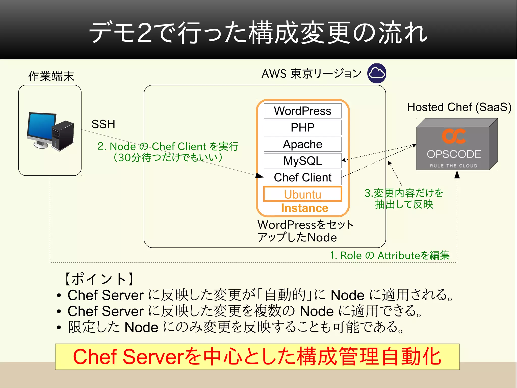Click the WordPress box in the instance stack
[302, 111]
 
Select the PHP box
[302, 127]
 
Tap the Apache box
[302, 144]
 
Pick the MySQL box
[302, 161]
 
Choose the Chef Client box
[302, 177]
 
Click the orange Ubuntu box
[302, 194]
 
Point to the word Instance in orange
[304, 208]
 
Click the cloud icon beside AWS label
[377, 73]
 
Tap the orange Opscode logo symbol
[454, 136]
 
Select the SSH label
[103, 124]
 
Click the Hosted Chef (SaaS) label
[459, 107]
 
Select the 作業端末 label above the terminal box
[51, 76]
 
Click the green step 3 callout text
[404, 199]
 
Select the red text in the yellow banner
[257, 357]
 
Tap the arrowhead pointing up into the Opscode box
[457, 174]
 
